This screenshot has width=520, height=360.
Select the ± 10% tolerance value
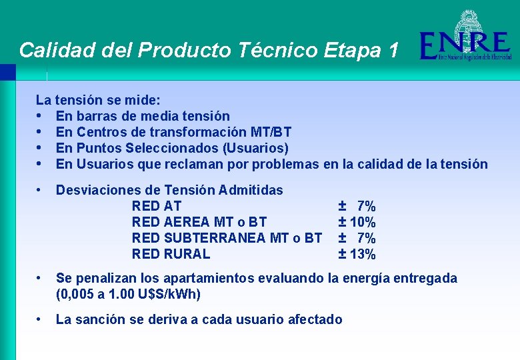pyautogui.click(x=357, y=222)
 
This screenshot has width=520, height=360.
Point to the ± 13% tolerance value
pyautogui.click(x=357, y=254)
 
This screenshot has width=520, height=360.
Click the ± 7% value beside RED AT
pyautogui.click(x=357, y=206)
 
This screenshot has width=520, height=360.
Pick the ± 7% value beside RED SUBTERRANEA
pyautogui.click(x=357, y=238)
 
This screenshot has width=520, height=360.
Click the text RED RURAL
pyautogui.click(x=171, y=254)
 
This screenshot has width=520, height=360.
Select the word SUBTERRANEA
pyautogui.click(x=213, y=238)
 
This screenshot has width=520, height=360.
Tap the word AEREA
pyautogui.click(x=183, y=222)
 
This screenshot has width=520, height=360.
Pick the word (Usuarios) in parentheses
pyautogui.click(x=255, y=148)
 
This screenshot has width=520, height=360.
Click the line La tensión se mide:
pyautogui.click(x=97, y=101)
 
